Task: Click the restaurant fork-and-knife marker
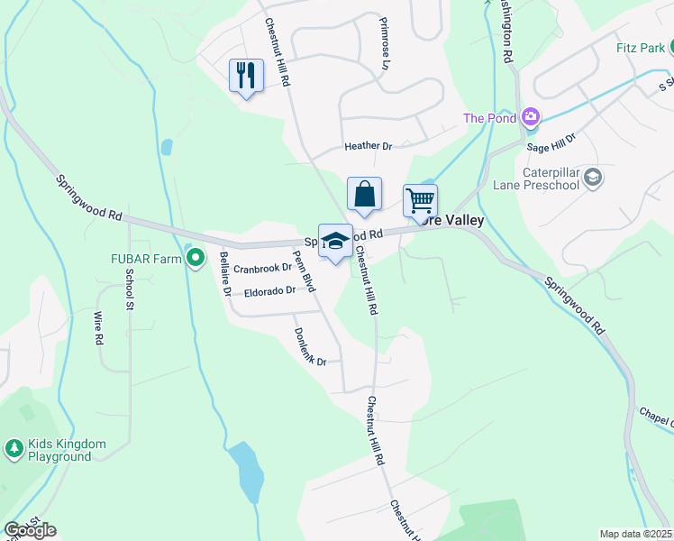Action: (x=246, y=76)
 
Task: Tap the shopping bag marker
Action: (x=364, y=195)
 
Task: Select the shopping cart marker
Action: (x=420, y=200)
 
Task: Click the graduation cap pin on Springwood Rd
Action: (x=335, y=242)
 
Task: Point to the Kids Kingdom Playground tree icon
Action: (x=14, y=448)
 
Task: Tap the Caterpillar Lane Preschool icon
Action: (x=592, y=176)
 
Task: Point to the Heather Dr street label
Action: (x=369, y=146)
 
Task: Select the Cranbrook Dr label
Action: (x=263, y=269)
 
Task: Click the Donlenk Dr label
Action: (x=309, y=346)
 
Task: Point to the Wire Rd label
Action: (x=98, y=329)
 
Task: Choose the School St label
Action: (x=130, y=290)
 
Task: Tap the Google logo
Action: (x=30, y=530)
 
